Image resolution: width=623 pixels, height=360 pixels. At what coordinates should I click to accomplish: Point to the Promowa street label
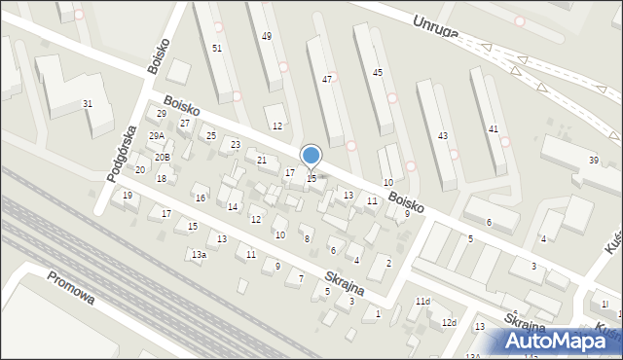click(x=71, y=287)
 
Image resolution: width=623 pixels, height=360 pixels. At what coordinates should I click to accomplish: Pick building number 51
click(x=216, y=48)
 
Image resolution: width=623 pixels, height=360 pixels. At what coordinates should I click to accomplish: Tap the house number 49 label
click(x=267, y=36)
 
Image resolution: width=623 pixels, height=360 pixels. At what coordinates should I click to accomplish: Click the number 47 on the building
click(x=328, y=79)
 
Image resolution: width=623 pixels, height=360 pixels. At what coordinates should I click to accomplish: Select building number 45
click(x=378, y=72)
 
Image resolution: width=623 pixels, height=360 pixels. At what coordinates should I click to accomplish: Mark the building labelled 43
click(x=443, y=134)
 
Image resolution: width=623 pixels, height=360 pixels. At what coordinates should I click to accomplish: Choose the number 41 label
click(x=494, y=129)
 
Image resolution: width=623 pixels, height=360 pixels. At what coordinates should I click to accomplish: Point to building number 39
click(x=593, y=160)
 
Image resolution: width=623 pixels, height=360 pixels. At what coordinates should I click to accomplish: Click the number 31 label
click(x=88, y=104)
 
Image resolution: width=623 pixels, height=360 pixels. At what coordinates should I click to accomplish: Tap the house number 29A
click(x=157, y=137)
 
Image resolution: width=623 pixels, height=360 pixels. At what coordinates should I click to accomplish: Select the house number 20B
click(x=163, y=158)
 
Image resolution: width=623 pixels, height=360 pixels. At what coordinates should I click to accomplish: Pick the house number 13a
click(x=199, y=255)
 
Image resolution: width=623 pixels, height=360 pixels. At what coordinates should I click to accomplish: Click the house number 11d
click(x=421, y=302)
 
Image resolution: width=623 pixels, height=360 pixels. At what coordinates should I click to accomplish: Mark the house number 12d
click(x=448, y=322)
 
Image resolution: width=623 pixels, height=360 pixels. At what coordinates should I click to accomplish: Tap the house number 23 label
click(x=236, y=145)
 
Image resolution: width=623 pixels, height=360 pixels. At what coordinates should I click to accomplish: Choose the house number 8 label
click(x=307, y=238)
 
